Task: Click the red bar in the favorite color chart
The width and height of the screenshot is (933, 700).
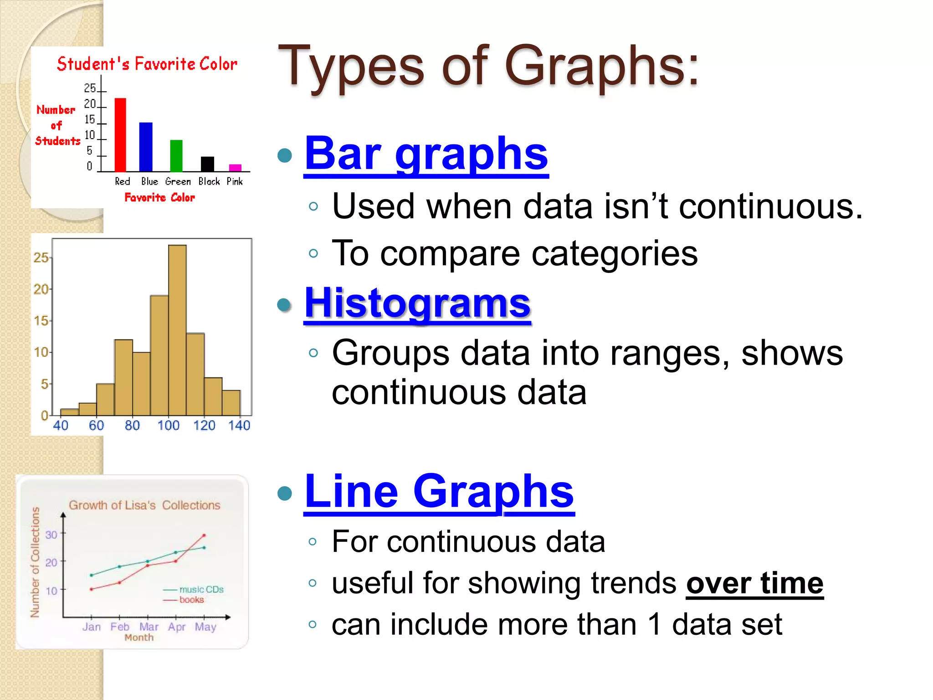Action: click(120, 135)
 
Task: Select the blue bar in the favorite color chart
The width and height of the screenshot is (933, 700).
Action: click(146, 147)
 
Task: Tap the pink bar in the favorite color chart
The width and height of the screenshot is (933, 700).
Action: click(235, 168)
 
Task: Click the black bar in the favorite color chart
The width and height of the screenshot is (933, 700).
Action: click(207, 164)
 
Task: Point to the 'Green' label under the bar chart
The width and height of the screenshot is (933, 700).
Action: click(178, 181)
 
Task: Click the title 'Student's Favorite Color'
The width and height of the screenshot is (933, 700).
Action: click(147, 64)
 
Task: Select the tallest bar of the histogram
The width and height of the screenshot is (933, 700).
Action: click(177, 330)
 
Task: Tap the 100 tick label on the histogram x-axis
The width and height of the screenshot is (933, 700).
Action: click(168, 426)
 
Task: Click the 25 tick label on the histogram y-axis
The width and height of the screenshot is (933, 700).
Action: click(41, 258)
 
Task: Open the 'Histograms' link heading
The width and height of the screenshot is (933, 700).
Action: click(417, 304)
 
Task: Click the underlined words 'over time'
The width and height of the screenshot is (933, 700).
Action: click(754, 583)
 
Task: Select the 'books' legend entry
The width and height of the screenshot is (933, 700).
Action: click(191, 600)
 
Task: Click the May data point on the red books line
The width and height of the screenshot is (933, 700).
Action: click(204, 535)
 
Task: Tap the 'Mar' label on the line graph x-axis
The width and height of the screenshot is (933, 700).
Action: click(149, 627)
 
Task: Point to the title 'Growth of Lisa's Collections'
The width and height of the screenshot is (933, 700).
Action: click(144, 505)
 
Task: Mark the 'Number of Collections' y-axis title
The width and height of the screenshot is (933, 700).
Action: click(35, 562)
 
